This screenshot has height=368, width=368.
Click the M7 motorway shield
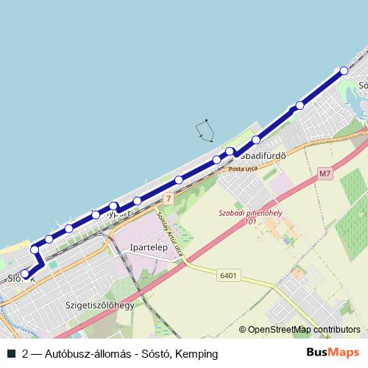click(x=326, y=174)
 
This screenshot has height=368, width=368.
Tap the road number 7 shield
click(x=169, y=199)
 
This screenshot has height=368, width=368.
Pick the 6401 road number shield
click(x=227, y=275)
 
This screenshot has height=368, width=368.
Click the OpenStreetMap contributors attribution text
click(x=304, y=330)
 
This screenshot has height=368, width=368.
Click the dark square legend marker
click(x=11, y=354)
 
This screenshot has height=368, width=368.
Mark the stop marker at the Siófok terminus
click(x=25, y=274)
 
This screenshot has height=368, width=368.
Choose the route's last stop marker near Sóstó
click(x=343, y=71)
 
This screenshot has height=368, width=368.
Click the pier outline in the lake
click(x=205, y=130)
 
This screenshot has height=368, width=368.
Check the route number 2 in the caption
click(x=26, y=354)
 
